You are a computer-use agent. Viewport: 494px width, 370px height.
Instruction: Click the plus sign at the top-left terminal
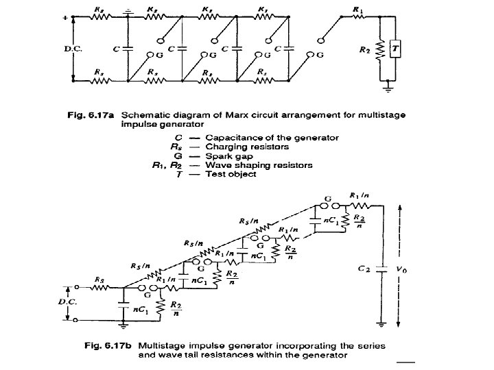66,16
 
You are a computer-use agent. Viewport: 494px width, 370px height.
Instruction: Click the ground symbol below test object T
389,87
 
